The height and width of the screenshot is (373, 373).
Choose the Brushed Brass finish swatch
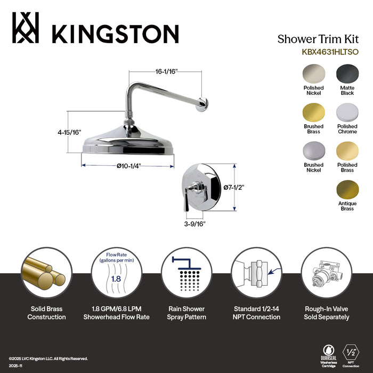pyautogui.click(x=313, y=112)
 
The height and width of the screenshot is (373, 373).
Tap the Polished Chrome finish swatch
pyautogui.click(x=347, y=112)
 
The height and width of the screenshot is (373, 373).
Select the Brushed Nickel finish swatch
pyautogui.click(x=313, y=151)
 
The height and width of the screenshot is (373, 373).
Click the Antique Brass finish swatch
pyautogui.click(x=347, y=190)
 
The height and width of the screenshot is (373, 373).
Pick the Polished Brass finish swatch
pyautogui.click(x=347, y=151)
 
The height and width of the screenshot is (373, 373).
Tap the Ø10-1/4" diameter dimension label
pyautogui.click(x=128, y=166)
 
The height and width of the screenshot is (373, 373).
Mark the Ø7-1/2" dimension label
pyautogui.click(x=233, y=187)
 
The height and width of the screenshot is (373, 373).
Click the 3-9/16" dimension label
pyautogui.click(x=194, y=223)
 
